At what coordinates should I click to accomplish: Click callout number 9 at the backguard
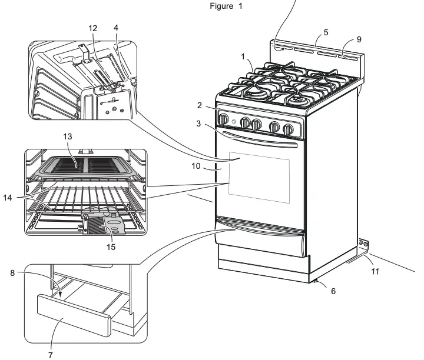pyautogui.click(x=359, y=39)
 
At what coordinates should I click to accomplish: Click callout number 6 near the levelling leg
pyautogui.click(x=334, y=291)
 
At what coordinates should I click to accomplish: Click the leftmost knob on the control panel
pyautogui.click(x=224, y=119)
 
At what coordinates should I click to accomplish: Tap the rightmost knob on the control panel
pyautogui.click(x=288, y=129)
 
